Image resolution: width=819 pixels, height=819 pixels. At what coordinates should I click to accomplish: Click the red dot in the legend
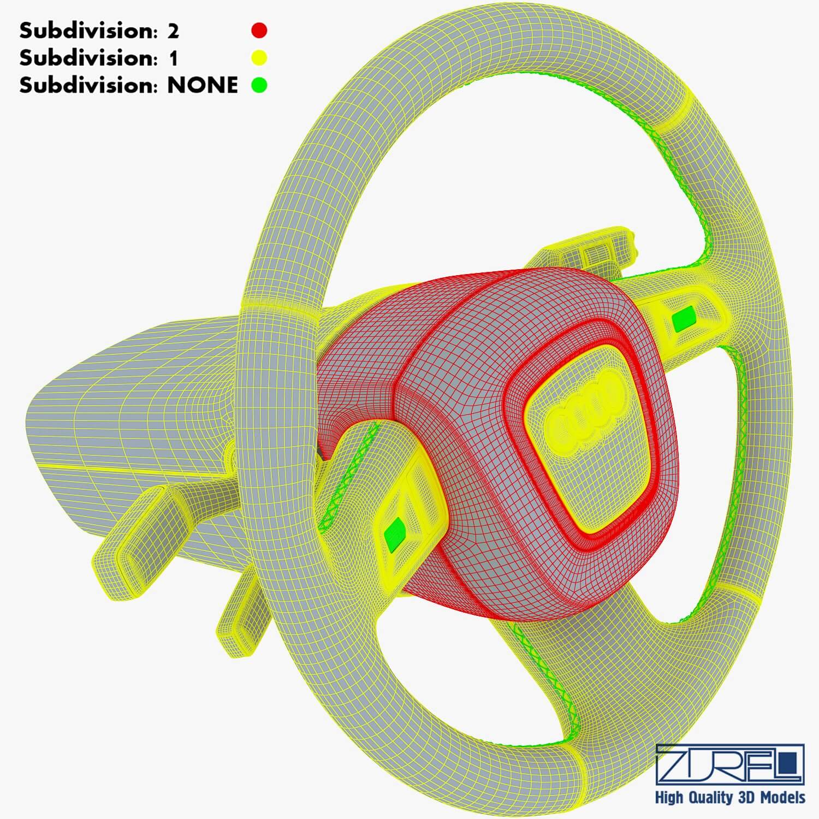[259, 31]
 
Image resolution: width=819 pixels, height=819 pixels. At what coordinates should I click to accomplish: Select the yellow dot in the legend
[259, 57]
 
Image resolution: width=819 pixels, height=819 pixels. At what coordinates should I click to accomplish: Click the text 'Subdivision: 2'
[99, 31]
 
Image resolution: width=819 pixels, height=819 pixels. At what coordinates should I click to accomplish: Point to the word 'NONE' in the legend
[202, 85]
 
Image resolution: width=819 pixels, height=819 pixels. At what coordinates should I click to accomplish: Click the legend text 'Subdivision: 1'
[99, 58]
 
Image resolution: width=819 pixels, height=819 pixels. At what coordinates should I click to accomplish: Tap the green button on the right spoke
[684, 320]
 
